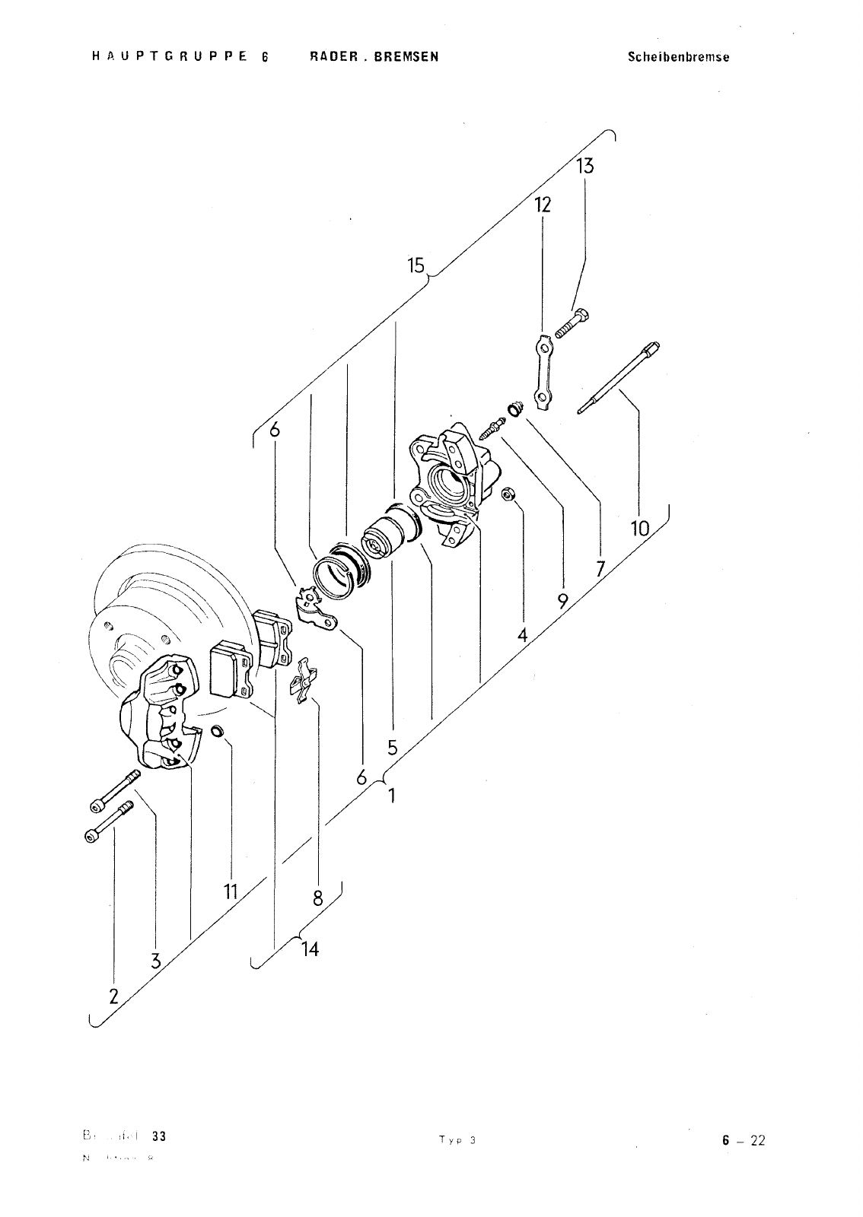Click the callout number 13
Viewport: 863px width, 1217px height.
click(584, 166)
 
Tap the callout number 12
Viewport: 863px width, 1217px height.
click(542, 205)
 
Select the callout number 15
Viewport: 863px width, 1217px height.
click(416, 265)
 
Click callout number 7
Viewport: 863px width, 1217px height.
click(600, 567)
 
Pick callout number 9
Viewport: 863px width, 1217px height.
click(562, 601)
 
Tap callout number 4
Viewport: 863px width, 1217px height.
click(523, 634)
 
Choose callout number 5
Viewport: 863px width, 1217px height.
click(392, 747)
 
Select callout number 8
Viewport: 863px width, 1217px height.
click(318, 898)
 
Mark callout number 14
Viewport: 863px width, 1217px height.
click(310, 949)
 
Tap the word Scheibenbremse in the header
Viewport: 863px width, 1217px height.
click(678, 57)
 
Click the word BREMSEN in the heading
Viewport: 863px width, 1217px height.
click(406, 57)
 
